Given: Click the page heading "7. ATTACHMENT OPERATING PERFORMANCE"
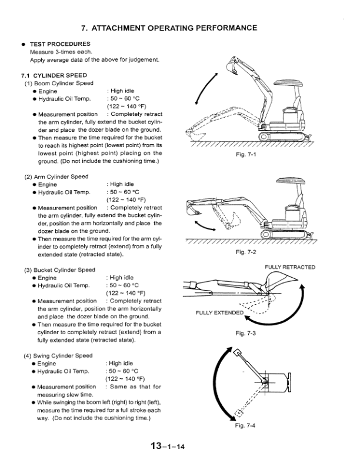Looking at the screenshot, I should pos(169,28).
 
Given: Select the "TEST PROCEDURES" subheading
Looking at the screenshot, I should pos(59,44).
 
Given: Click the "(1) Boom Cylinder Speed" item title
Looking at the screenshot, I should pos(59,83).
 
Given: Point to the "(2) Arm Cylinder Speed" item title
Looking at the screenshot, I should pos(56,177).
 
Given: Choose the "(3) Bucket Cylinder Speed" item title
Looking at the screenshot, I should pos(59,270).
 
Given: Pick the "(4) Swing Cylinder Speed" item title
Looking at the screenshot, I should pos(58,356).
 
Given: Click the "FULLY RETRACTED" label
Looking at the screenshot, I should pos(290,267).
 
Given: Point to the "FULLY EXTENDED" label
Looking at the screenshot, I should pos(219,312).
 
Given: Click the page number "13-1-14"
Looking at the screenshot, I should pos(168,447).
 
